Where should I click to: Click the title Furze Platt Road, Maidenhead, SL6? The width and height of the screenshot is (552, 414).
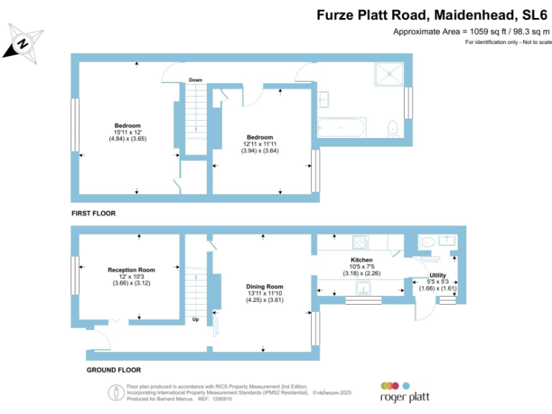(432, 14)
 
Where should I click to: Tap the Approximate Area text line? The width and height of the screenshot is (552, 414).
(471, 32)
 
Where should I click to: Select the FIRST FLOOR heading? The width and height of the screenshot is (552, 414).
(93, 213)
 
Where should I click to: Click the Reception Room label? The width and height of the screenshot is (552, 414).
(132, 270)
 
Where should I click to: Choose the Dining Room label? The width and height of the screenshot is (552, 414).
(264, 287)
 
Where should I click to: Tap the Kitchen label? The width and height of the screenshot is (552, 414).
(362, 259)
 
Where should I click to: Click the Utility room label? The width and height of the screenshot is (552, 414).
(438, 276)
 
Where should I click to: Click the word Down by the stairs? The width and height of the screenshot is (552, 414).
(195, 80)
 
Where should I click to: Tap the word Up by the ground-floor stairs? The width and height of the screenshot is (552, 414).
(195, 319)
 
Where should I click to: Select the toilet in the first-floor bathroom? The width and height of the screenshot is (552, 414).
(392, 129)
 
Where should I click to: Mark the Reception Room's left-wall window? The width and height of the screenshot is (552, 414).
(74, 275)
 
